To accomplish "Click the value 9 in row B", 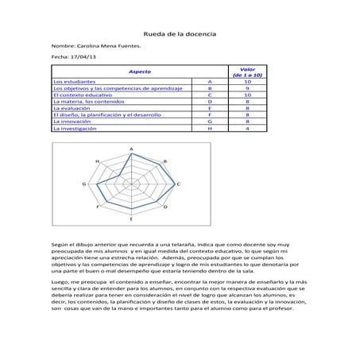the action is (248, 88).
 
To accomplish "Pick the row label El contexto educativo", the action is (82, 95).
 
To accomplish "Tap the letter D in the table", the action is (209, 103).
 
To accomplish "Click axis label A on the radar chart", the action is (130, 149).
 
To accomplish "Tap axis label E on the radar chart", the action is (131, 218).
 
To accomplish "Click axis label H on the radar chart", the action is (97, 161).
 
